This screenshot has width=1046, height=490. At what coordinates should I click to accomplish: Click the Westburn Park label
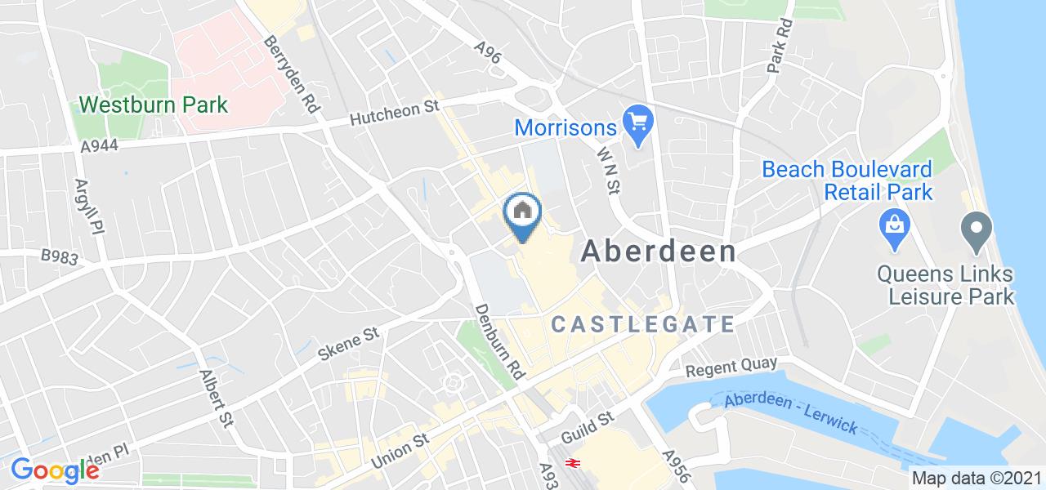[x=153, y=105]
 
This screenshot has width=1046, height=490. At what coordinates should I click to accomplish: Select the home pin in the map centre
[x=523, y=215]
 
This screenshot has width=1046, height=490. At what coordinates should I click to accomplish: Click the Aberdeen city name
[x=659, y=252]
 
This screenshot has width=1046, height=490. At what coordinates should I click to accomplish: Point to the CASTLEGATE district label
[x=644, y=324]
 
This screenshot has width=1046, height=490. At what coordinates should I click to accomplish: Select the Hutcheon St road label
[x=396, y=114]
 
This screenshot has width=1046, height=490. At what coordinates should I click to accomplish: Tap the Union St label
[x=400, y=450]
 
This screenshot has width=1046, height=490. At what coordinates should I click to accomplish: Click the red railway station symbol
[x=574, y=463]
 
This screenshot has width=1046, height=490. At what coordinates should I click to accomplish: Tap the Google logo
[x=55, y=471]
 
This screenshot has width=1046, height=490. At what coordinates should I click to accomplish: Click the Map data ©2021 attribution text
[x=977, y=479]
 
